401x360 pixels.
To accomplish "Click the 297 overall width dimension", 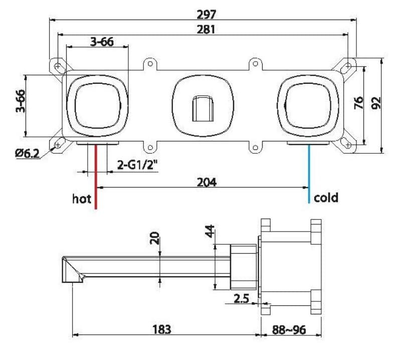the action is [x=207, y=15].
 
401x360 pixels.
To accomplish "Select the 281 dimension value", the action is [x=206, y=30].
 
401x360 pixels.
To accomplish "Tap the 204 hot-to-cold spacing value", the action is [x=207, y=182].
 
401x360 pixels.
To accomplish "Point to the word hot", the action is [x=82, y=199].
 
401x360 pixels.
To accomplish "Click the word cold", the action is [x=326, y=198].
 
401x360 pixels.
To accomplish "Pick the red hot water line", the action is [x=96, y=176].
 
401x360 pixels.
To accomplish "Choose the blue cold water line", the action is [x=309, y=174].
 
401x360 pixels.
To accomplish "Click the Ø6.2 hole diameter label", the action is [x=28, y=153].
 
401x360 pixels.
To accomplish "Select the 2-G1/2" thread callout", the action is [x=137, y=165].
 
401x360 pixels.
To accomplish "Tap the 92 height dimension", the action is [x=376, y=103].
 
